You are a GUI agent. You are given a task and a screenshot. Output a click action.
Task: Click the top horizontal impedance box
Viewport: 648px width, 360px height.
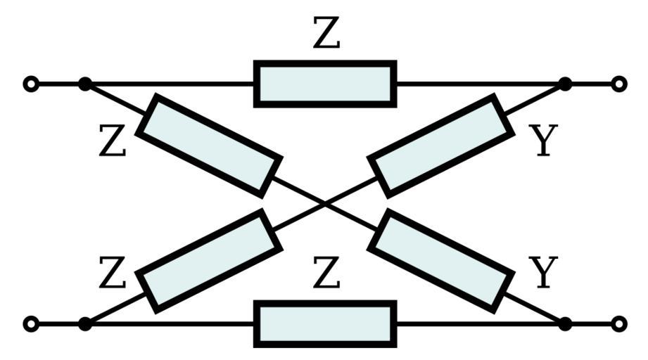click(325, 84)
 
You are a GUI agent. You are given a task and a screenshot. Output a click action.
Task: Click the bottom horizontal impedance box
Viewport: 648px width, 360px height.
click(325, 324)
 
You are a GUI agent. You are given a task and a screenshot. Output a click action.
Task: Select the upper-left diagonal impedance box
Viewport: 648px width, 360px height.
click(209, 145)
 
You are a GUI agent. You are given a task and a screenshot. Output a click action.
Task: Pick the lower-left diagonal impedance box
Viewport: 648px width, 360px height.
click(209, 261)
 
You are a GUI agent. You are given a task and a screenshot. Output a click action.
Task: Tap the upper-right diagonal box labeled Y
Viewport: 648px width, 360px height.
click(441, 145)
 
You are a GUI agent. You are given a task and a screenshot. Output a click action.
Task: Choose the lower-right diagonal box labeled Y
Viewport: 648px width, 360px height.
click(441, 261)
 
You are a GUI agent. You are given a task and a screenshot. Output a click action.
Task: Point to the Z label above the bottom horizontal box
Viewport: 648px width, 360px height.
click(326, 274)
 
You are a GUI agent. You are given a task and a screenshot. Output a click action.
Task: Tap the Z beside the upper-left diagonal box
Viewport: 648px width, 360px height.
click(113, 142)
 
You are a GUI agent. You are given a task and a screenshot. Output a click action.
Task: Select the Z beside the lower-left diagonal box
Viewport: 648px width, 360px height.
click(113, 274)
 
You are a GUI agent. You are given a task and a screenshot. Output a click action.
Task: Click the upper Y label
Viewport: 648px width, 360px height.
click(542, 141)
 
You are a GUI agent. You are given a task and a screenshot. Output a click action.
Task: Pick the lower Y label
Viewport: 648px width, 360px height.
click(542, 274)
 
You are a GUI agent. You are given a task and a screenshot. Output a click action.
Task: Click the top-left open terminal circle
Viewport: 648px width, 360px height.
click(30, 84)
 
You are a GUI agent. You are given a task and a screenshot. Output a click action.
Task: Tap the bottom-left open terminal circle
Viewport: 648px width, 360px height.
click(30, 324)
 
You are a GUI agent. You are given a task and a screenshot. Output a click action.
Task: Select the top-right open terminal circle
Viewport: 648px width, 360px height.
click(618, 84)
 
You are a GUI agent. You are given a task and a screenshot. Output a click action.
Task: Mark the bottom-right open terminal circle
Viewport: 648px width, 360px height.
click(618, 324)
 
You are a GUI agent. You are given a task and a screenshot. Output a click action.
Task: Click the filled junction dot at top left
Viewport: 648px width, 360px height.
click(85, 84)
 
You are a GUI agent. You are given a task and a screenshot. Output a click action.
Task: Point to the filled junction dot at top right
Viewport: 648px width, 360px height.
click(564, 84)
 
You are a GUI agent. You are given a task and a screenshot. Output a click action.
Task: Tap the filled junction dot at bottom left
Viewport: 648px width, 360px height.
click(85, 324)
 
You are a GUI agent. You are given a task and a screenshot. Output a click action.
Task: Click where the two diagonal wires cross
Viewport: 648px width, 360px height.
click(325, 204)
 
